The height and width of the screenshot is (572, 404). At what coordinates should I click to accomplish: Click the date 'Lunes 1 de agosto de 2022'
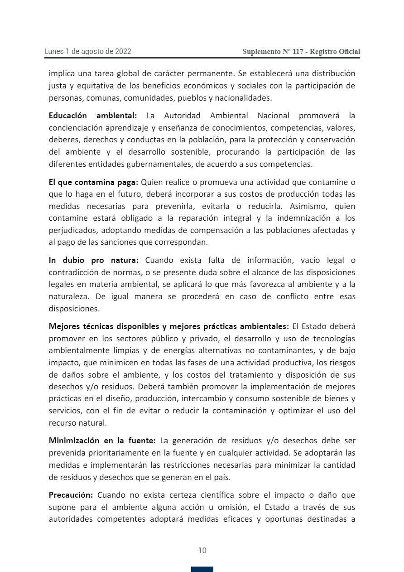87,52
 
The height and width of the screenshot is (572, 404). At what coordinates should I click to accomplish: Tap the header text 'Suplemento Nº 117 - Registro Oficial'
301,52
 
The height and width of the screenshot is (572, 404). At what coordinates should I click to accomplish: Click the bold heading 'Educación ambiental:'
93,116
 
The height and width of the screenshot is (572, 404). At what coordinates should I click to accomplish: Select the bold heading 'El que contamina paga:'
93,183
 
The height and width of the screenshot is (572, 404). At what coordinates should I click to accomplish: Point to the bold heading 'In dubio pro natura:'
96,260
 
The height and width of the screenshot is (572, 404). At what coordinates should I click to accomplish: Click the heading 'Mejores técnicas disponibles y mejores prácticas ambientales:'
168,326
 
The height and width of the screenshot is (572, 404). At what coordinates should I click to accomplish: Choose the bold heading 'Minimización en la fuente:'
102,440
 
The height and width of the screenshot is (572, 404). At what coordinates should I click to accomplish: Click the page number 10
202,550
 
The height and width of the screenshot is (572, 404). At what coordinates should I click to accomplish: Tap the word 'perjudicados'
70,230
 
